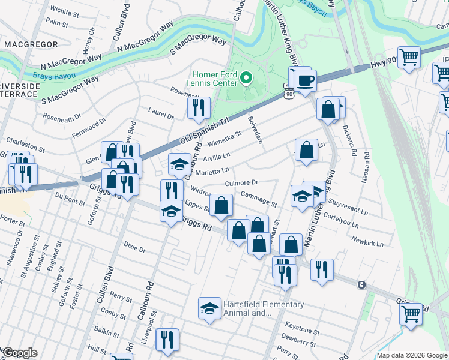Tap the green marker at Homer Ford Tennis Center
pyautogui.click(x=246, y=78)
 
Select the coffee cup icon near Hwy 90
pyautogui.click(x=305, y=80)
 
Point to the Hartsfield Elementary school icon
pyautogui.click(x=209, y=308)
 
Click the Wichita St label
pyautogui.click(x=65, y=10)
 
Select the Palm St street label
pyautogui.click(x=57, y=22)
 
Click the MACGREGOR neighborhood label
pyautogui.click(x=31, y=44)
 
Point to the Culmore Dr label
pyautogui.click(x=241, y=182)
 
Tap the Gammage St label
pyautogui.click(x=258, y=198)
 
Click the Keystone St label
pyautogui.click(x=302, y=329)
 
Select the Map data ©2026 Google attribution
pyautogui.click(x=412, y=355)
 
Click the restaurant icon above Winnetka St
pyautogui.click(x=198, y=108)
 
